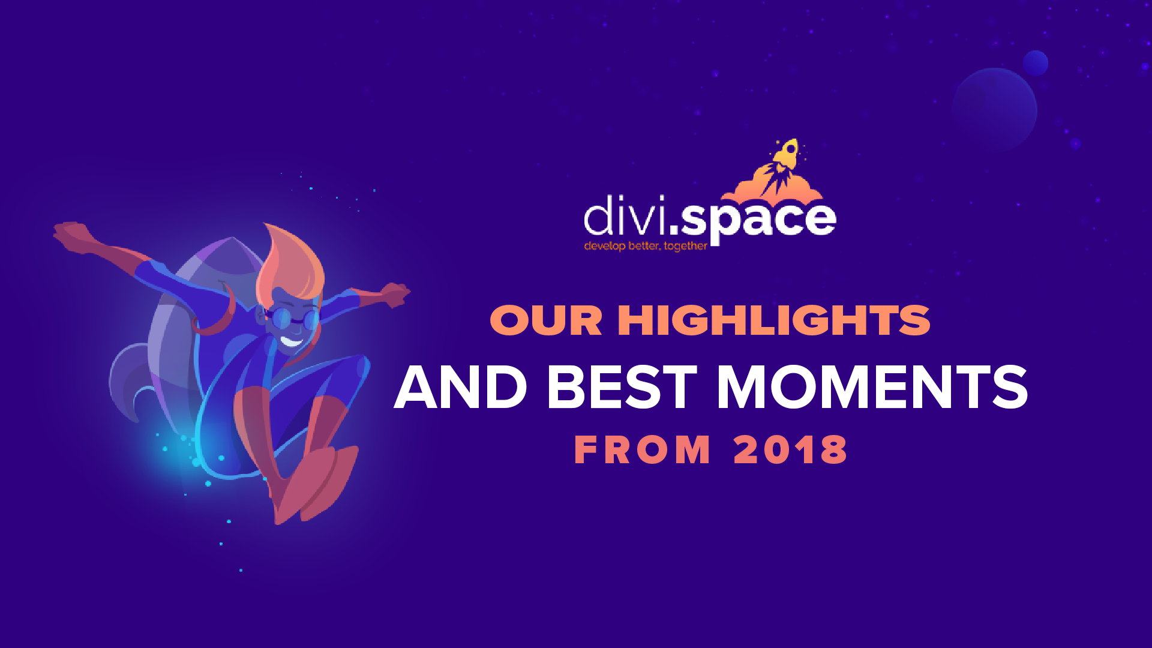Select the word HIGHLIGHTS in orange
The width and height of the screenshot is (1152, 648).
pos(774,320)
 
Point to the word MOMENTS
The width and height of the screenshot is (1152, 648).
pos(872,388)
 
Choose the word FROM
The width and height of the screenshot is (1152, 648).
pos(643,450)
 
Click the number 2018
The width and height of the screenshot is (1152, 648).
pos(791,450)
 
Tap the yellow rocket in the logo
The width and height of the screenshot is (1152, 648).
pos(787,154)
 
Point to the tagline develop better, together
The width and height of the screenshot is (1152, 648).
pos(646,246)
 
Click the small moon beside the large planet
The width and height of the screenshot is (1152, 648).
pos(1036,63)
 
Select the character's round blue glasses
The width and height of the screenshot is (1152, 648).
pos(294,319)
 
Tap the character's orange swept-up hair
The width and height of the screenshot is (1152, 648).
pos(291,264)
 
